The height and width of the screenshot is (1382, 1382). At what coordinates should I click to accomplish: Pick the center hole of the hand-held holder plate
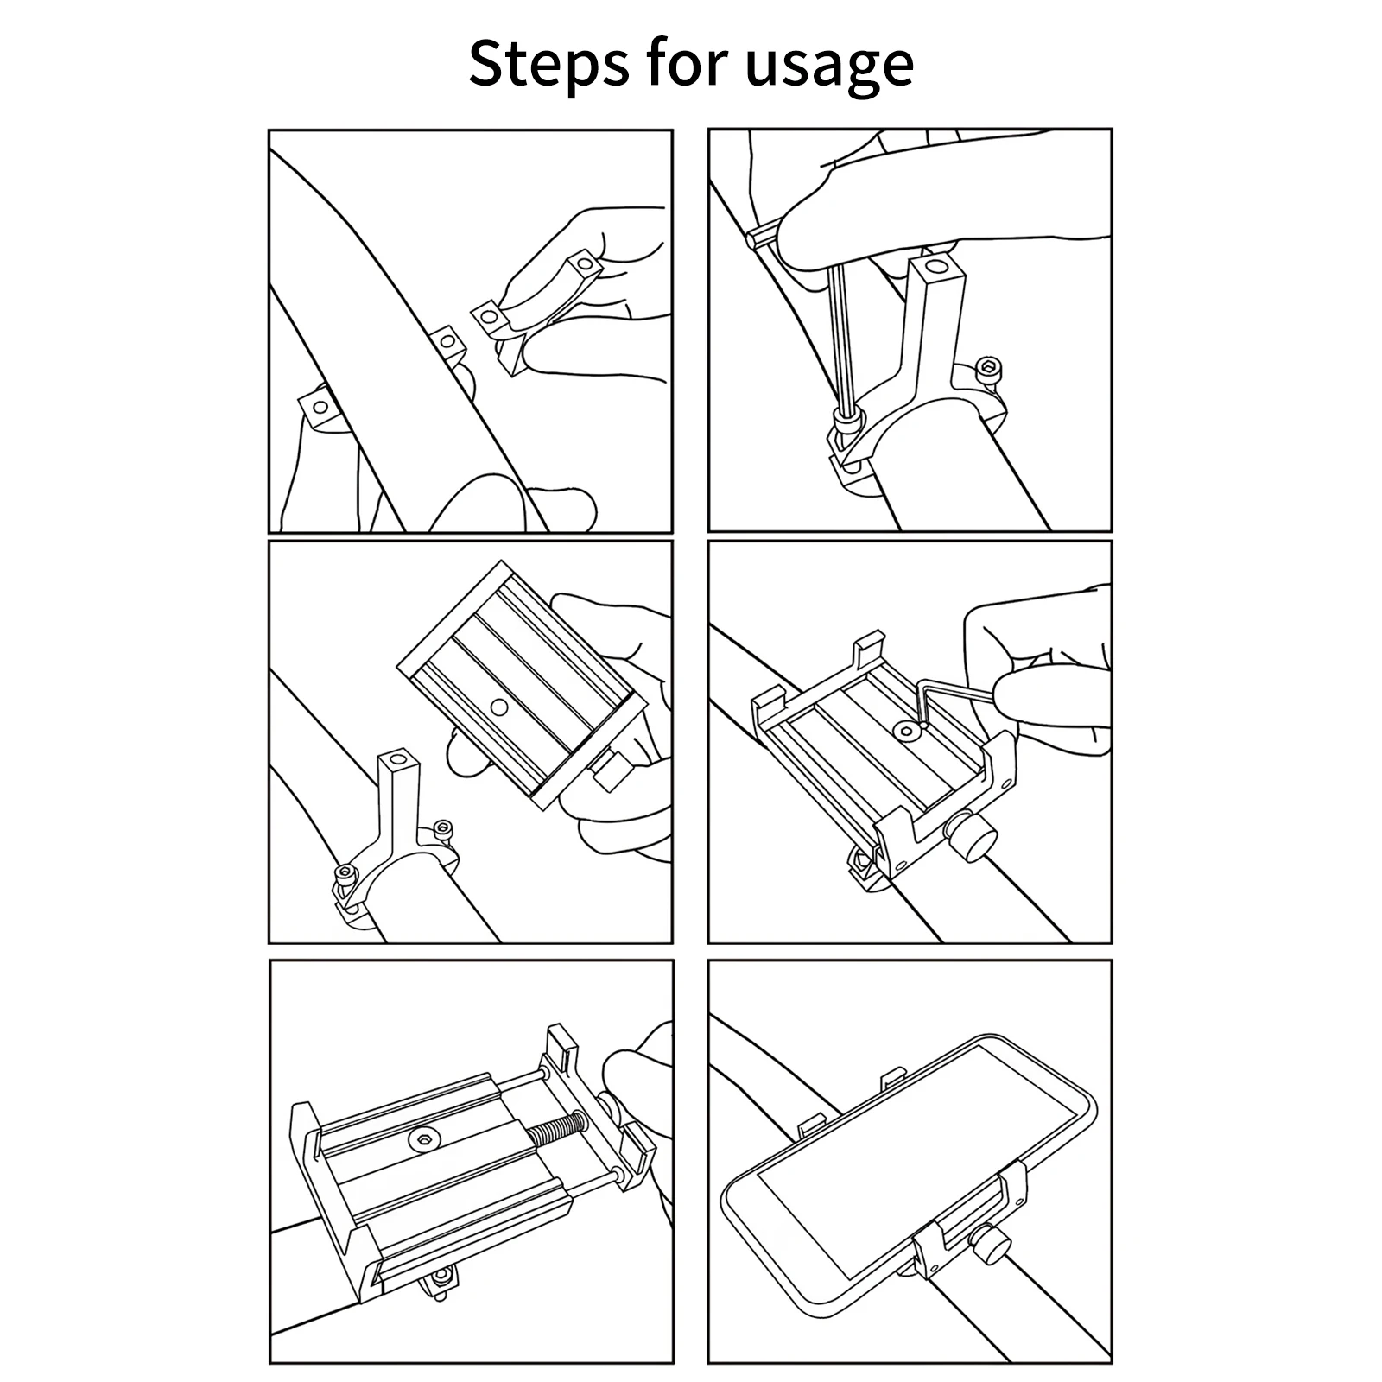499,707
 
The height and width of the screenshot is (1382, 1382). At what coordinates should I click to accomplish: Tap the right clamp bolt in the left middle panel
442,828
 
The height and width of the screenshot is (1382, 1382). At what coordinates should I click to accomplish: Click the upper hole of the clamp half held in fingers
585,264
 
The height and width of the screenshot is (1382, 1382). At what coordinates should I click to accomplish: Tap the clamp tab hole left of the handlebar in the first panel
320,406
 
